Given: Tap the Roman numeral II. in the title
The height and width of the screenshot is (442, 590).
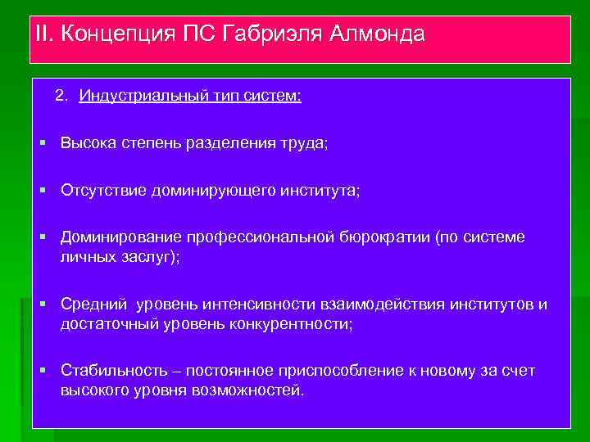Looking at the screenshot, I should [x=45, y=35].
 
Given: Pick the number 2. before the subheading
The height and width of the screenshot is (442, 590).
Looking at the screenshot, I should [x=61, y=96].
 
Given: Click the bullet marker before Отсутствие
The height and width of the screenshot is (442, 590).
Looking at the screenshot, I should [x=42, y=190].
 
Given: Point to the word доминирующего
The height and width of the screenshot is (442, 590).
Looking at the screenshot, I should [x=214, y=190].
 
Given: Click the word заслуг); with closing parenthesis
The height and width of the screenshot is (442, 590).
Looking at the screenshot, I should [x=152, y=256].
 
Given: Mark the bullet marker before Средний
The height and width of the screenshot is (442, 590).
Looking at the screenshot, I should [x=42, y=304].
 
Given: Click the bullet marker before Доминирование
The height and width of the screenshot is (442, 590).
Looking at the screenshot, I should [x=42, y=237].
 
